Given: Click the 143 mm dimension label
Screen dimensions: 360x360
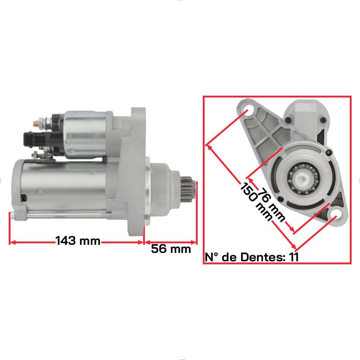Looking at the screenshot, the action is (78, 241).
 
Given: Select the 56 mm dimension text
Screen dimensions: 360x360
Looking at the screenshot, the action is (171, 249).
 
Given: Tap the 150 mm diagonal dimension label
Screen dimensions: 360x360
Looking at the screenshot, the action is (256, 202).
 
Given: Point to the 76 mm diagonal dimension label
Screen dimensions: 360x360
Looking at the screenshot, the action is (272, 204).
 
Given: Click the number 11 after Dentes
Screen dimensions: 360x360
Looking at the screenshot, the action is (294, 257).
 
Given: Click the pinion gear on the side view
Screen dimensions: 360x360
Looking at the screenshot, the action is (188, 189).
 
